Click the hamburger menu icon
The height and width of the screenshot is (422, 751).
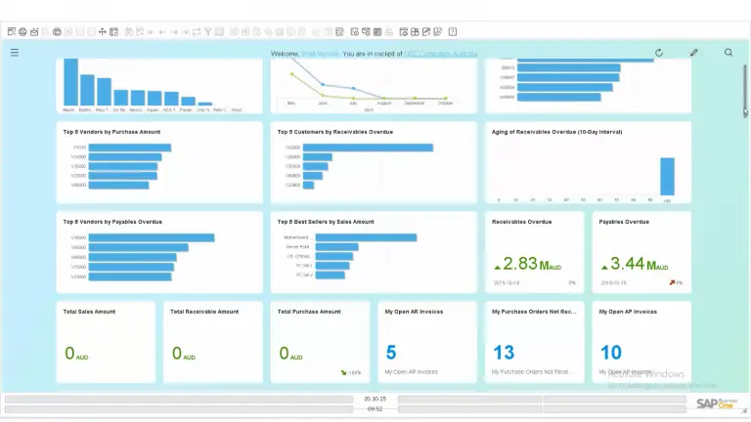15,53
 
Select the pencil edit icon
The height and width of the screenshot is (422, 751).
694,53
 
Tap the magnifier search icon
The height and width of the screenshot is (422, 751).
729,53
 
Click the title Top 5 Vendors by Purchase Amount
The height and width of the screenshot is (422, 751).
111,131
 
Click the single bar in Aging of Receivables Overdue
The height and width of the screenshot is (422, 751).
667,177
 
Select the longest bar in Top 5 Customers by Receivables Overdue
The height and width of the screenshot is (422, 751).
368,148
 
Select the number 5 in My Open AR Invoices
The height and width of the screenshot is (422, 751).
391,353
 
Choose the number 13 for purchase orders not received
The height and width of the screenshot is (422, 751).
504,353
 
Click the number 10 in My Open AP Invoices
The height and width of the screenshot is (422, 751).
610,353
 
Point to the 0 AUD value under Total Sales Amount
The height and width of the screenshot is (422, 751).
74,354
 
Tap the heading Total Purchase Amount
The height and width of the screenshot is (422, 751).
309,312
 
